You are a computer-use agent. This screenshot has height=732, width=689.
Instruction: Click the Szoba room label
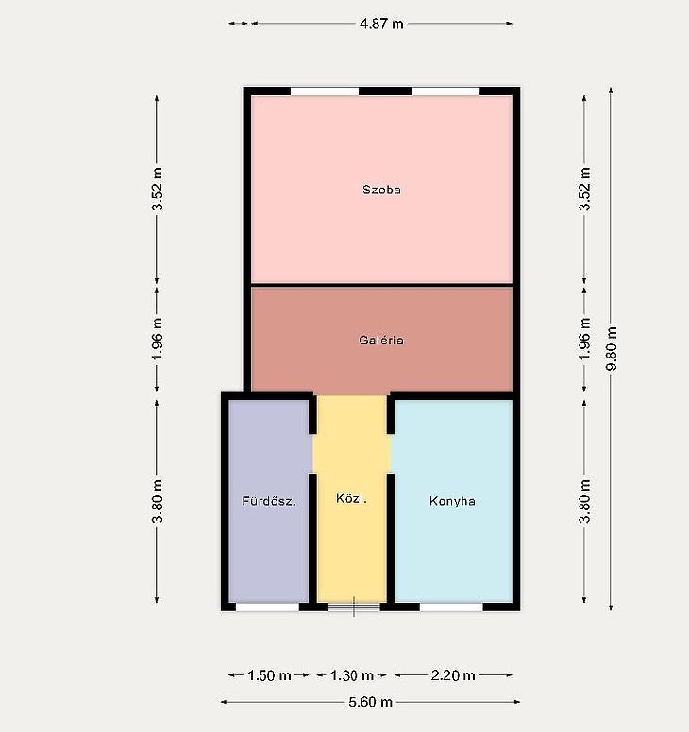click(x=381, y=190)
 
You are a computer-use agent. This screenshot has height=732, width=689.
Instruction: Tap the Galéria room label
click(x=381, y=340)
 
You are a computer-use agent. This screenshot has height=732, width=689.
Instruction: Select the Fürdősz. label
click(x=269, y=501)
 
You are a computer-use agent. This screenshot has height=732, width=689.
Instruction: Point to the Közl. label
click(x=351, y=498)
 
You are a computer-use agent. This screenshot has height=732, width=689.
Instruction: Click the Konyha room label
click(x=452, y=501)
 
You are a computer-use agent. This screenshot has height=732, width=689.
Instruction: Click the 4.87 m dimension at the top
click(x=381, y=24)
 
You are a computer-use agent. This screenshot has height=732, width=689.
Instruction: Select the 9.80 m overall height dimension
click(x=611, y=348)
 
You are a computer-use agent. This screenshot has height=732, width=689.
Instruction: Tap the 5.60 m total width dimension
click(x=370, y=702)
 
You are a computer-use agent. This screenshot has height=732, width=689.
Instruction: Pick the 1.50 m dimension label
click(x=269, y=675)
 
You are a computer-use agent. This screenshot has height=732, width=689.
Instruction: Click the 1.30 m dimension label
click(x=352, y=675)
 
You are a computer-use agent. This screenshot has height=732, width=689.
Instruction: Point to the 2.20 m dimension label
click(x=453, y=675)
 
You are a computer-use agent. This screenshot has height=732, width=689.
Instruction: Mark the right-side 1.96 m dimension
click(x=584, y=339)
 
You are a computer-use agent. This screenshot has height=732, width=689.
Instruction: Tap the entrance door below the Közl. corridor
click(x=354, y=607)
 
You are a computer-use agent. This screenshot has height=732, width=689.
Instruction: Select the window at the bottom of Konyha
click(x=451, y=607)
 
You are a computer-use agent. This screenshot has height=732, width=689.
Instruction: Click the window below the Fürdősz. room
click(x=267, y=607)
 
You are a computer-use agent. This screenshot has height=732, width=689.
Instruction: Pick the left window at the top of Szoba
click(x=325, y=91)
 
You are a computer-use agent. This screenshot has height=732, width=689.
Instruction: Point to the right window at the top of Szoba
click(x=446, y=91)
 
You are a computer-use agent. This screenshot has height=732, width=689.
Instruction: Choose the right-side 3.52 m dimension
click(x=584, y=189)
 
